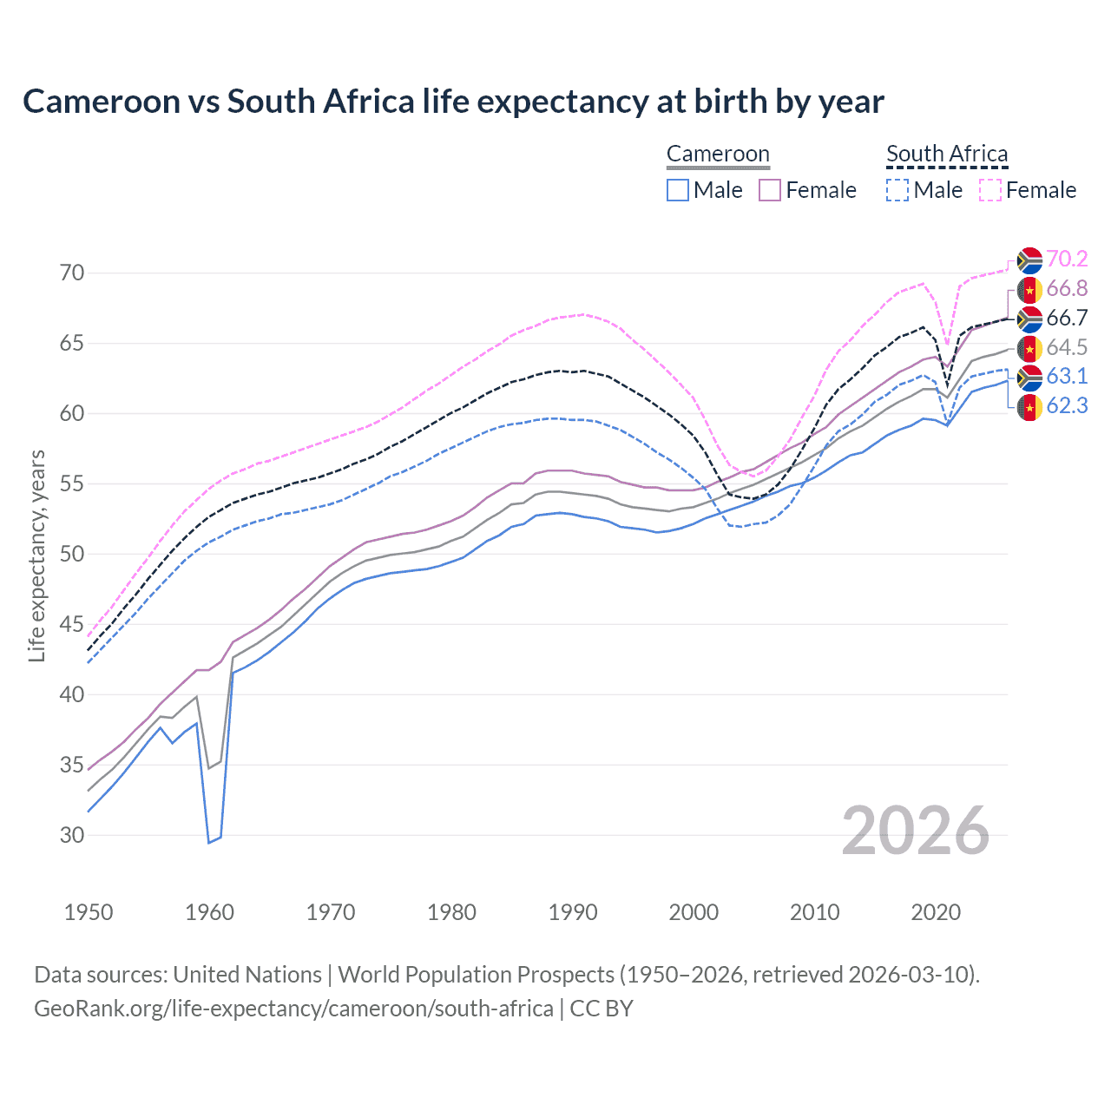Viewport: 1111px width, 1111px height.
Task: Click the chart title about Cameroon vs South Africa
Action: (453, 102)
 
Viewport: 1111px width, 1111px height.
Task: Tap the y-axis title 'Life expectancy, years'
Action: (36, 555)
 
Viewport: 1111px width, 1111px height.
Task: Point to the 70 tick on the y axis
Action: (72, 273)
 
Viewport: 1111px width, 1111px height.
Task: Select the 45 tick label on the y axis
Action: (72, 624)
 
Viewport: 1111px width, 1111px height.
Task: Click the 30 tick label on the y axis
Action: (72, 835)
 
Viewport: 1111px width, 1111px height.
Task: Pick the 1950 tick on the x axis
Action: (89, 912)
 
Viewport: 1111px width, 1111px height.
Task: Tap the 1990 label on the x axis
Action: (573, 912)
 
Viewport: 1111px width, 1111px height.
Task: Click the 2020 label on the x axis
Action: (936, 912)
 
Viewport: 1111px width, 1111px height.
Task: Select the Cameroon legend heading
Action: (718, 154)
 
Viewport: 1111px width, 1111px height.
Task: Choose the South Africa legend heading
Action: (947, 154)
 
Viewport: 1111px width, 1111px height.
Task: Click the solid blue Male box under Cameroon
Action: (678, 190)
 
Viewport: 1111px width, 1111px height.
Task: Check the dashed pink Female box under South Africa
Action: (989, 190)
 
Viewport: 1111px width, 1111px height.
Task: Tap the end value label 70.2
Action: (1067, 259)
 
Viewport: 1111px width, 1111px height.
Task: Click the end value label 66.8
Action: (1067, 288)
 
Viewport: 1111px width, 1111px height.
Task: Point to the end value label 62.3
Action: (1067, 405)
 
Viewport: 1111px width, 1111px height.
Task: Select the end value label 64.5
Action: (1067, 347)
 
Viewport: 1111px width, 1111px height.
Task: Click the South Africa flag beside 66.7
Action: (1029, 319)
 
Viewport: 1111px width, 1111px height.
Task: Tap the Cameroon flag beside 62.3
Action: (1029, 406)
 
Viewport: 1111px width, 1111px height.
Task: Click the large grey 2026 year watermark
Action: (916, 831)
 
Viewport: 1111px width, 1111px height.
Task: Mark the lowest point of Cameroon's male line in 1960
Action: (209, 842)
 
